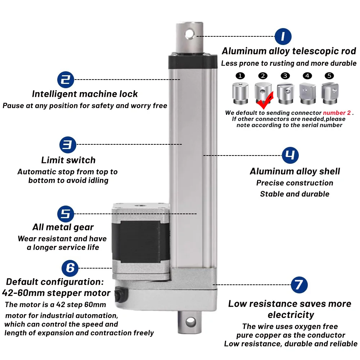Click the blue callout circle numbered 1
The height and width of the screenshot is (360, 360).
(283, 36)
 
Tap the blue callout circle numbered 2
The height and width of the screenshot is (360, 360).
(66, 79)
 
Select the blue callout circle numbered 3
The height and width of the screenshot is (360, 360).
(68, 144)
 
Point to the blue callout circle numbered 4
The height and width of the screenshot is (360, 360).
(290, 155)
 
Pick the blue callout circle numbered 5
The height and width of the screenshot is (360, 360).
(66, 214)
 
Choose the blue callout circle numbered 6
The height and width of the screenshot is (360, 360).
(70, 268)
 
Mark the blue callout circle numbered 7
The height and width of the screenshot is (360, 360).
(299, 285)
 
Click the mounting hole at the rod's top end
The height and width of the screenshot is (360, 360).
(190, 33)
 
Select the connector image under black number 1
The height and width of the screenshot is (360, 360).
(240, 93)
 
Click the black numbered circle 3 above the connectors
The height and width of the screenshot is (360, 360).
(285, 76)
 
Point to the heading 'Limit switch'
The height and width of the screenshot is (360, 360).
(68, 160)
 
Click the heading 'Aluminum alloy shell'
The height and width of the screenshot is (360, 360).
(295, 171)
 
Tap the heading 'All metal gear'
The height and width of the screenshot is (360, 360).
(63, 227)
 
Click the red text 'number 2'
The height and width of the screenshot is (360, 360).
(337, 113)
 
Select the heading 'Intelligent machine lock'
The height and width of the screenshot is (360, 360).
(85, 94)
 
